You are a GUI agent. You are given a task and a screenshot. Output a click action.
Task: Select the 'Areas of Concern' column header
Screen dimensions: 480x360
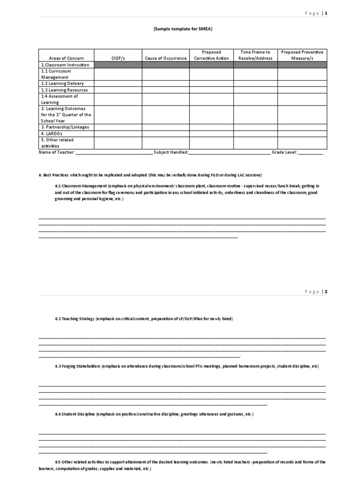(x=66, y=58)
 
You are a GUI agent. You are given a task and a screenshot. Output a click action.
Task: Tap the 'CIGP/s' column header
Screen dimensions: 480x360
(x=118, y=58)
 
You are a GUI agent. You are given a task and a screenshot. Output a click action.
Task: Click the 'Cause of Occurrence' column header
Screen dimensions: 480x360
(x=165, y=58)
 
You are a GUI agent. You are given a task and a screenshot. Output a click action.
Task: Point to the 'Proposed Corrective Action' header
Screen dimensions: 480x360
(x=211, y=55)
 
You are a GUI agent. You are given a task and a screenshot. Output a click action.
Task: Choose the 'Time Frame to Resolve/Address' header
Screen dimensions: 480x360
(x=255, y=55)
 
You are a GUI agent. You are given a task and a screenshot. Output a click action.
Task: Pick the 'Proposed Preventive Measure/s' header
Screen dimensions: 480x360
(x=302, y=55)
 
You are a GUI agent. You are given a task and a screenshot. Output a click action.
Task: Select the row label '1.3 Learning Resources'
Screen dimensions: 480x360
(x=64, y=90)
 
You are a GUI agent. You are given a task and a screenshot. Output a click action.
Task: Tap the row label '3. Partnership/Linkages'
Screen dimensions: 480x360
(x=65, y=127)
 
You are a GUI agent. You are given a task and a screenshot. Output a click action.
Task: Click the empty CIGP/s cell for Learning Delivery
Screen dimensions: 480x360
(x=118, y=83)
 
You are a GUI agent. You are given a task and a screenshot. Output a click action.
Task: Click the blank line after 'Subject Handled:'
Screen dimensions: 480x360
(x=229, y=153)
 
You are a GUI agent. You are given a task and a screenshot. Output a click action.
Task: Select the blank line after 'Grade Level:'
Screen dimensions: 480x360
(x=310, y=153)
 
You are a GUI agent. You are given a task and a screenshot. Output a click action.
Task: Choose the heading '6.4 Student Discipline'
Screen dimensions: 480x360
(x=75, y=415)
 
